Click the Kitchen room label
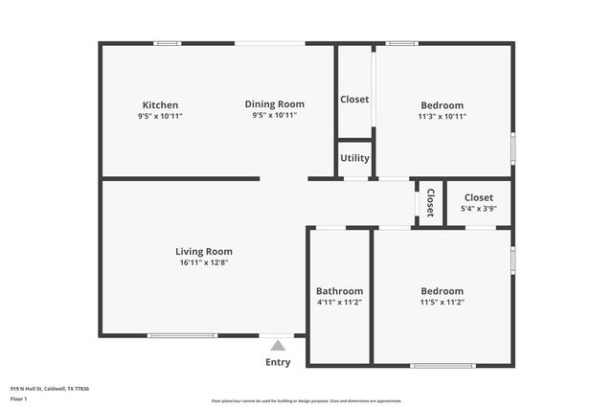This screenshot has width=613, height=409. pos(160,105)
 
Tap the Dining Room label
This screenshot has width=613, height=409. pos(274,104)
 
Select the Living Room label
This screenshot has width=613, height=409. pos(204,252)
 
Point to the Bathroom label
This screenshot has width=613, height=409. pos(339,291)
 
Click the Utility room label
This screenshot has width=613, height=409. pos(354,159)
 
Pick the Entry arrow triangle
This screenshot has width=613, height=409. pos(277,346)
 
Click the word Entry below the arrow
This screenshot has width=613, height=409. pos(277,362)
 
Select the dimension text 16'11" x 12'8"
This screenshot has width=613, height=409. pos(204,262)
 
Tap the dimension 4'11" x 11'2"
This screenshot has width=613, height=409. pos(339,302)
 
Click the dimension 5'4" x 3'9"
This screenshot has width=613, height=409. pos(479,208)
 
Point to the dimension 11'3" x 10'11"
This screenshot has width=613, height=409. pos(442,116)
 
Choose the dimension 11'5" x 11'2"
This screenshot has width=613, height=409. pos(442,302)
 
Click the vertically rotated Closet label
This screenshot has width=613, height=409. pos(430,202)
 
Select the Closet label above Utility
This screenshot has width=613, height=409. pos(354,100)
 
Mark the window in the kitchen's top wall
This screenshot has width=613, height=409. pos(168,43)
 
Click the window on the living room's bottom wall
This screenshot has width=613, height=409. pos(182,335)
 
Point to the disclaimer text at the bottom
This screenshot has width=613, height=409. pos(306,401)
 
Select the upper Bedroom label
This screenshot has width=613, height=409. pos(442,105)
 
